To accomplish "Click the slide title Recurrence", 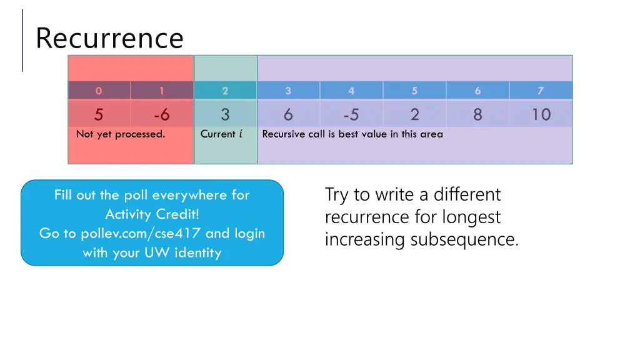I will click(x=109, y=38).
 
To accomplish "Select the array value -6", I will click(x=161, y=115).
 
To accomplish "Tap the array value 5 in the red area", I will click(x=99, y=115).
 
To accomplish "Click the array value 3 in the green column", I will click(x=225, y=115).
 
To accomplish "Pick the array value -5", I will click(x=351, y=115).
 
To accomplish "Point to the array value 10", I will click(x=541, y=115).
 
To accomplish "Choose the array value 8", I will click(x=477, y=115).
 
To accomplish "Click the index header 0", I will click(x=99, y=91).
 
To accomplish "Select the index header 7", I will click(x=541, y=91).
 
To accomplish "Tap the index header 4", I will click(x=351, y=91).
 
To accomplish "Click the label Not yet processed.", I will click(x=121, y=134).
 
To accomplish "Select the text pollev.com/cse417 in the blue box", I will click(x=141, y=234).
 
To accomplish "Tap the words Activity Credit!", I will click(x=152, y=214).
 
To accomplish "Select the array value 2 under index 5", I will click(x=415, y=115).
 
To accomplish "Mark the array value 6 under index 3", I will click(x=288, y=115).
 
